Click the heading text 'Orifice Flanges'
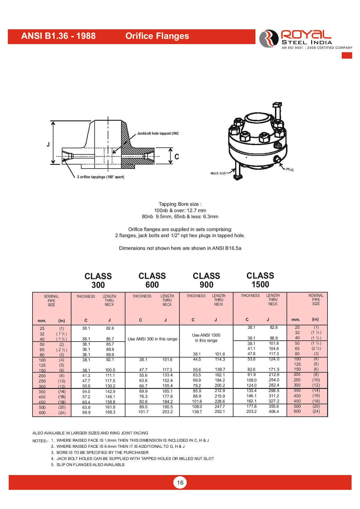(x=157, y=36)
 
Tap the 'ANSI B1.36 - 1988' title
(x=58, y=36)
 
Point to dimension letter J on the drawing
(x=48, y=144)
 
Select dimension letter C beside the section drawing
(x=177, y=157)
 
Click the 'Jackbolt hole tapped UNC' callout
(x=158, y=133)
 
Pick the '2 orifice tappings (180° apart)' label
(x=100, y=177)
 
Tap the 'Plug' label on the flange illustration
(x=290, y=169)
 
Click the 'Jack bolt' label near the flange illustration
(x=218, y=173)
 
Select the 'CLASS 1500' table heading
(x=260, y=280)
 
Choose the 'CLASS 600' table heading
(x=152, y=280)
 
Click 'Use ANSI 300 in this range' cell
(x=152, y=339)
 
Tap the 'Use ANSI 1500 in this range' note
(x=206, y=338)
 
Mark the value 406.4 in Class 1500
(x=274, y=411)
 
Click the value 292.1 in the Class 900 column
(x=220, y=411)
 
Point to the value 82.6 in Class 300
(x=110, y=328)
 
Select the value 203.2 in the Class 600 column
(x=167, y=412)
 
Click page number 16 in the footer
(x=180, y=482)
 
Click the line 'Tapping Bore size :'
(x=180, y=204)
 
